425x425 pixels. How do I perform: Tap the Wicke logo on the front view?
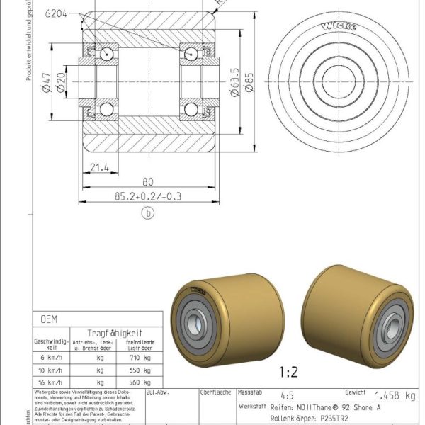(x=340, y=27)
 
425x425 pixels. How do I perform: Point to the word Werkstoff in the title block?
(x=253, y=407)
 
